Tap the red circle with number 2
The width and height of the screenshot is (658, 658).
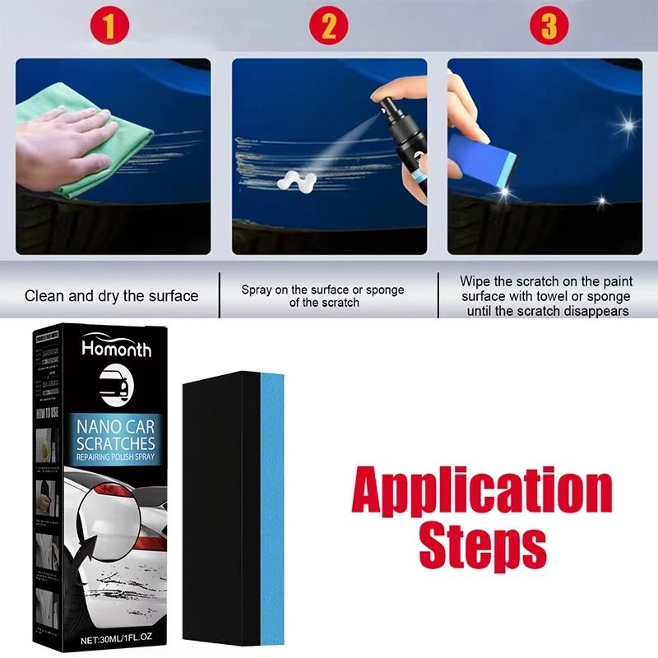pos(329,27)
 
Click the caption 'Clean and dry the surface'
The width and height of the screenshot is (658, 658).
pos(112,295)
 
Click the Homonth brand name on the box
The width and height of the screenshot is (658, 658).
pos(116,349)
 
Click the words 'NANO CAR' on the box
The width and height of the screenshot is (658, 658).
pos(116,426)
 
